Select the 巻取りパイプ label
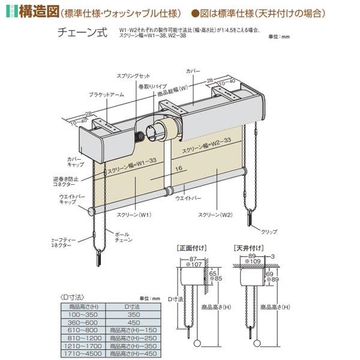[x=142, y=87]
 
